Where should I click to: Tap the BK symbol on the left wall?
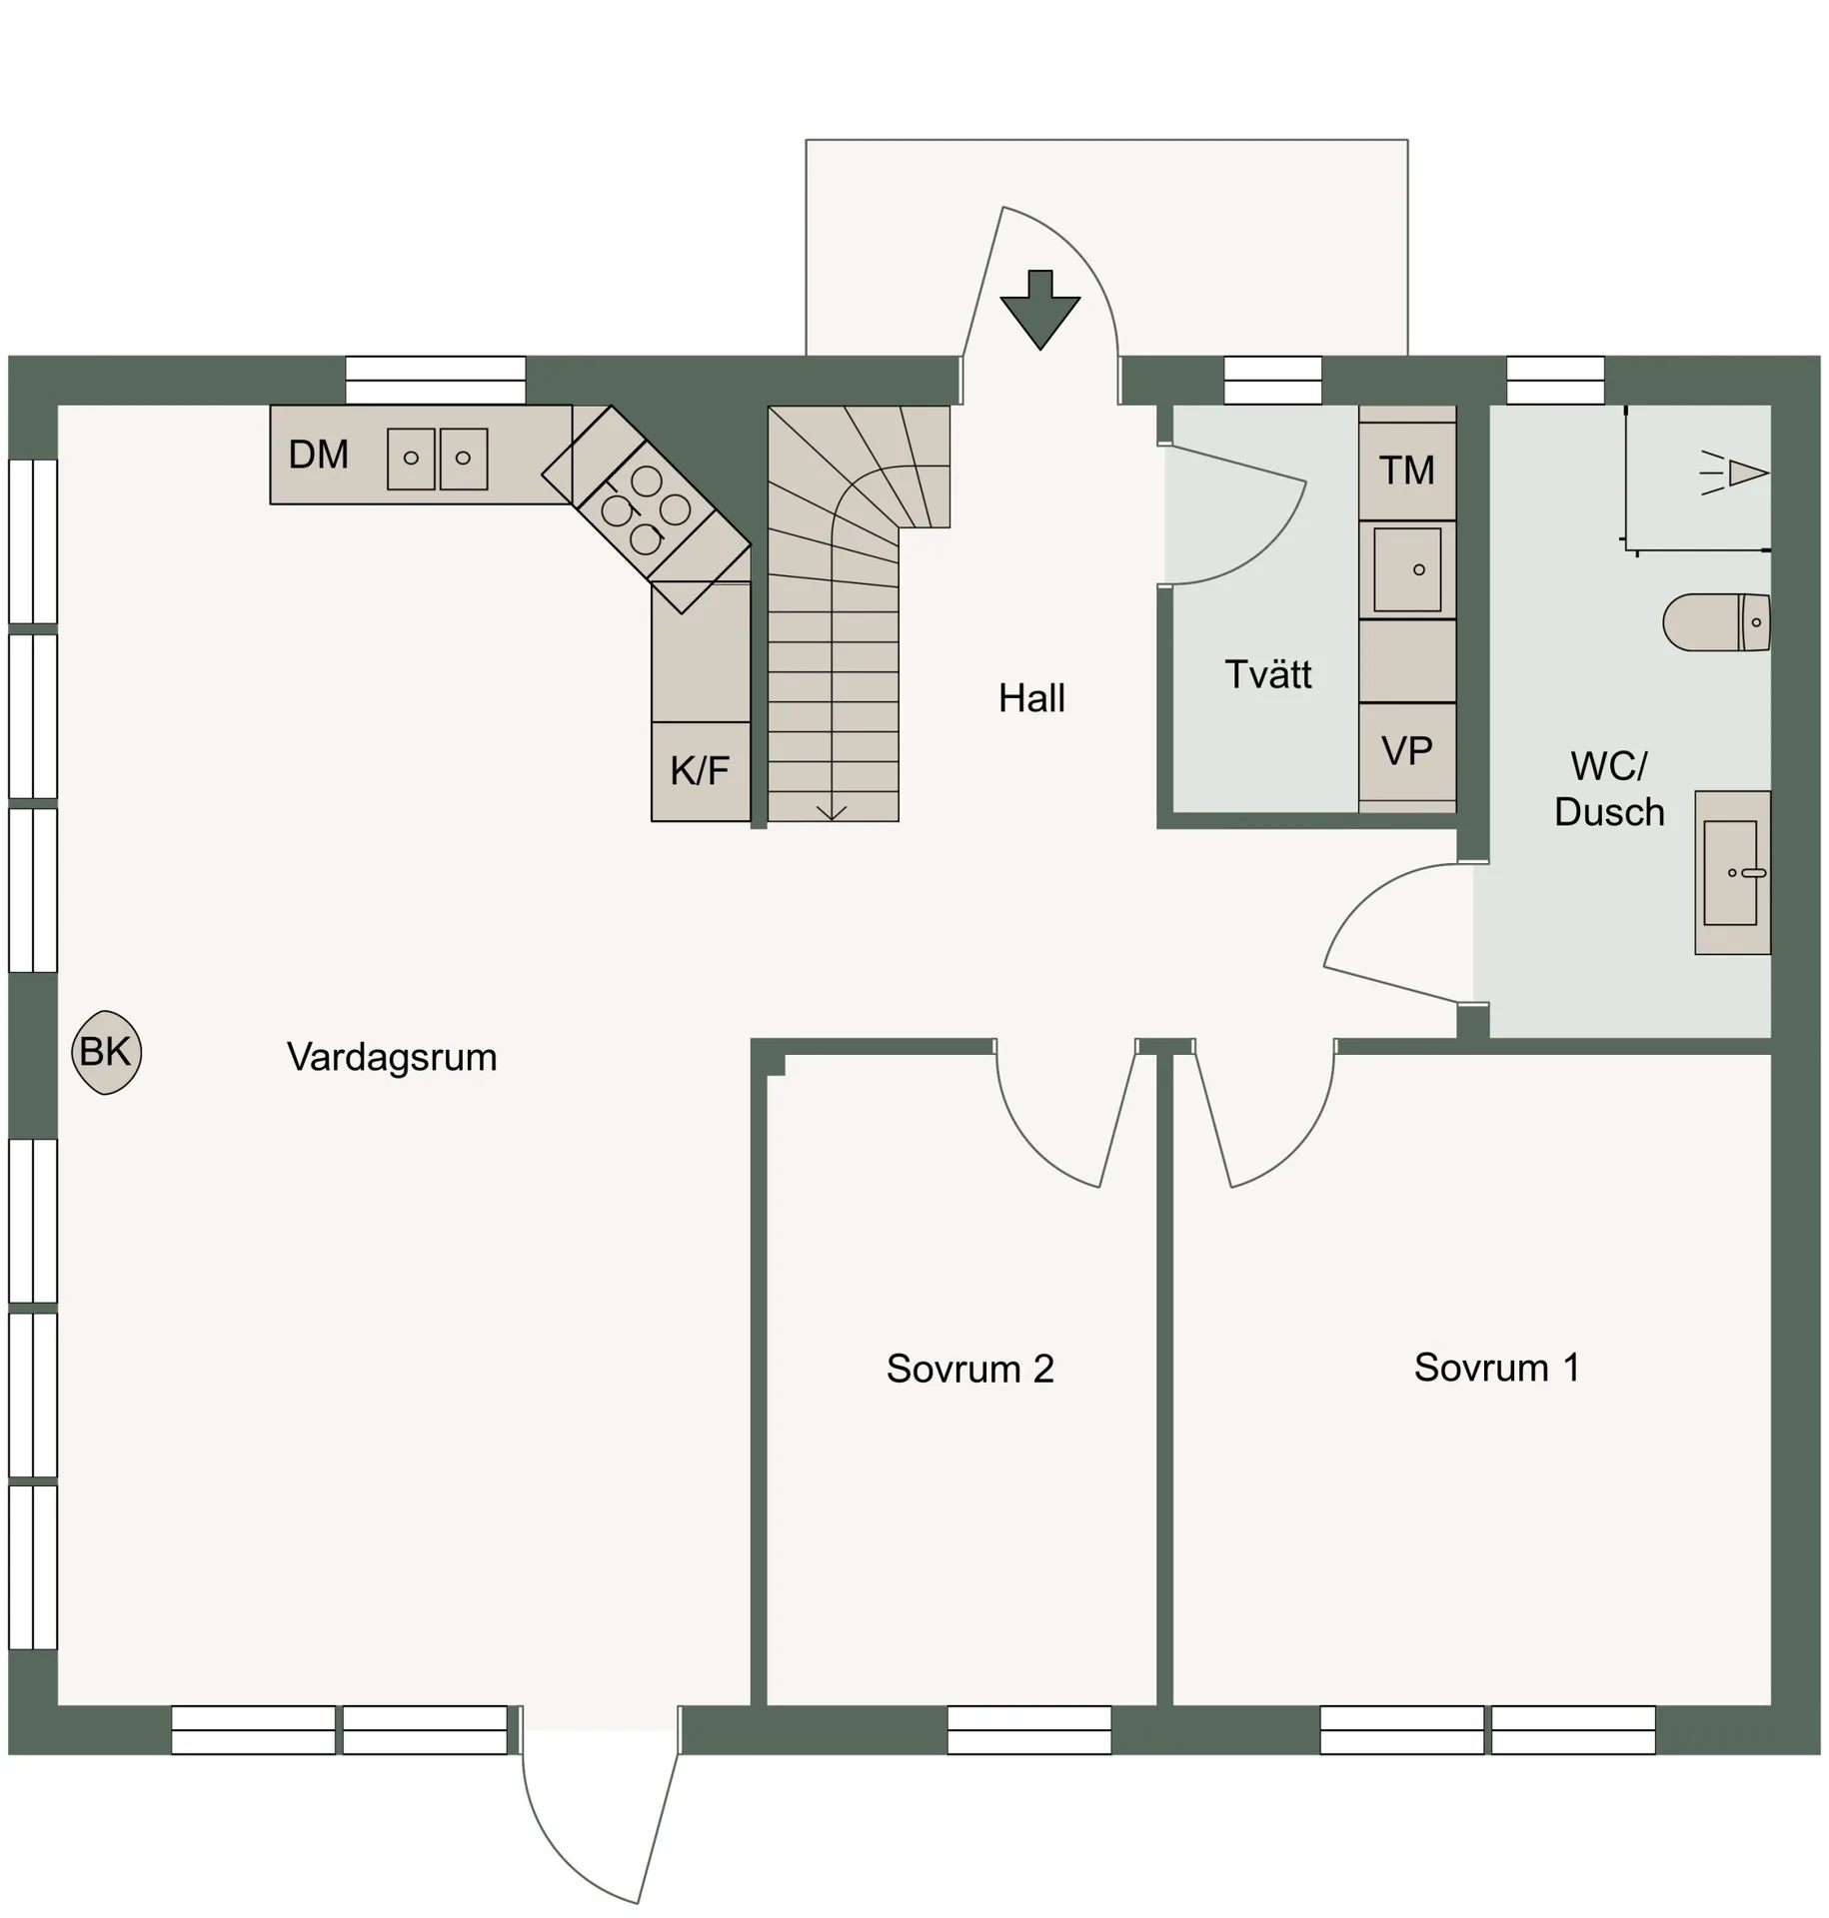[106, 1052]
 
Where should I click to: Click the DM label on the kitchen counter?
[318, 456]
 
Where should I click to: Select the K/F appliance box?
[700, 771]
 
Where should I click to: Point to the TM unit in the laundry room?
[1406, 471]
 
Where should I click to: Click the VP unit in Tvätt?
[1406, 751]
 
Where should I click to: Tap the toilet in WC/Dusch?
[1715, 622]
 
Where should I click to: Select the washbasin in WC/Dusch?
[1730, 873]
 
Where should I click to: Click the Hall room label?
[1031, 698]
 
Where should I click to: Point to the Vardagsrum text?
[392, 1057]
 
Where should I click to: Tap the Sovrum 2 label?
[969, 1369]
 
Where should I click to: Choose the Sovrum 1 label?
[1496, 1368]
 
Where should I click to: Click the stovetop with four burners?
[646, 509]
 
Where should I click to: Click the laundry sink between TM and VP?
[1406, 569]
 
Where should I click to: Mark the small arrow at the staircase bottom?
[832, 811]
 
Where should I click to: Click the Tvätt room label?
[1267, 674]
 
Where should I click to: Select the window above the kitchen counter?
[435, 381]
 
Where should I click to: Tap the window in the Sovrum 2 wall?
[1028, 1729]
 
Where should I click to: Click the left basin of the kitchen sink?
[411, 459]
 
